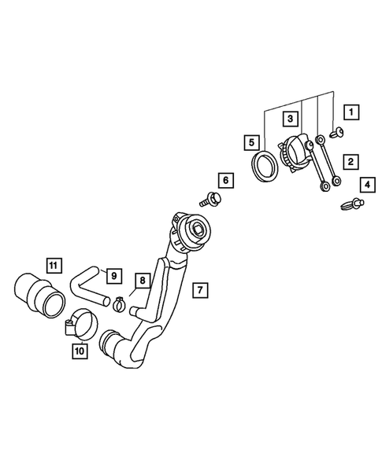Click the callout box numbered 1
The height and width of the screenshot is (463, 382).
click(x=351, y=112)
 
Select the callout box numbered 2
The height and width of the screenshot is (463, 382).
click(x=351, y=162)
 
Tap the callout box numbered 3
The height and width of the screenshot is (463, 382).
click(x=290, y=119)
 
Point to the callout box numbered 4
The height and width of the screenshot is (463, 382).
click(x=368, y=185)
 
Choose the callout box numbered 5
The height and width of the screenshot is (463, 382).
click(x=251, y=143)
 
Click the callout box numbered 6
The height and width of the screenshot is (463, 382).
click(x=226, y=181)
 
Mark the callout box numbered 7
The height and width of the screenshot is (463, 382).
click(x=200, y=290)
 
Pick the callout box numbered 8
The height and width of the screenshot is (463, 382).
click(x=143, y=281)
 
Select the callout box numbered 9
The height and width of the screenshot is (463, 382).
click(x=114, y=276)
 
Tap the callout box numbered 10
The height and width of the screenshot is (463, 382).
click(x=80, y=351)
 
